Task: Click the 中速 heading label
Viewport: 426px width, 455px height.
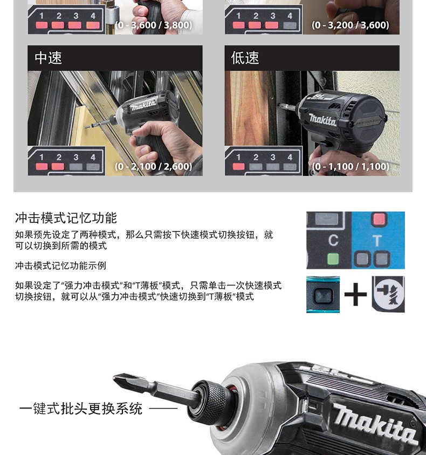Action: pyautogui.click(x=49, y=58)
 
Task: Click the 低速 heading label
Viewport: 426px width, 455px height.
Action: pyautogui.click(x=245, y=58)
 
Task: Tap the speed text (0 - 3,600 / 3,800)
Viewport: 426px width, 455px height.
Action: pyautogui.click(x=153, y=25)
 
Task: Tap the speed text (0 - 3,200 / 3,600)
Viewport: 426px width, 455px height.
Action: pyautogui.click(x=350, y=25)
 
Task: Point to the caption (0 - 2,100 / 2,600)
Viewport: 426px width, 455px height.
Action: pyautogui.click(x=153, y=166)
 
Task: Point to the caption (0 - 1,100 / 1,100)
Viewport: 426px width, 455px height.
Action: pyautogui.click(x=350, y=166)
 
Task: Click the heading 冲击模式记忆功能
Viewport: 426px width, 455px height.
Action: pyautogui.click(x=66, y=218)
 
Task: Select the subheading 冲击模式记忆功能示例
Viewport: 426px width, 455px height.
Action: pyautogui.click(x=60, y=266)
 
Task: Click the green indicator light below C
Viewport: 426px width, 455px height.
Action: pyautogui.click(x=333, y=259)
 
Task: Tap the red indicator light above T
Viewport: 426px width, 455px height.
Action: pyautogui.click(x=380, y=219)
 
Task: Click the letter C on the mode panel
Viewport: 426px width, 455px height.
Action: pyautogui.click(x=333, y=240)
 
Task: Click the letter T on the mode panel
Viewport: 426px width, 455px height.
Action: pyautogui.click(x=377, y=240)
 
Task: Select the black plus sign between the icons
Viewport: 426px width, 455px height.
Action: pyautogui.click(x=355, y=295)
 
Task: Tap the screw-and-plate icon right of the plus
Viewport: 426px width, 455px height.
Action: pyautogui.click(x=388, y=294)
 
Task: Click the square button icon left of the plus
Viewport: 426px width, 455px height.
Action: pyautogui.click(x=323, y=295)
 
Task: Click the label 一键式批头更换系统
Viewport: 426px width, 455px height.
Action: pyautogui.click(x=81, y=409)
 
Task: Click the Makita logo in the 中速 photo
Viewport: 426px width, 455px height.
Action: pyautogui.click(x=143, y=104)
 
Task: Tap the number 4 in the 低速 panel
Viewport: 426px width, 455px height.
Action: pyautogui.click(x=290, y=157)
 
